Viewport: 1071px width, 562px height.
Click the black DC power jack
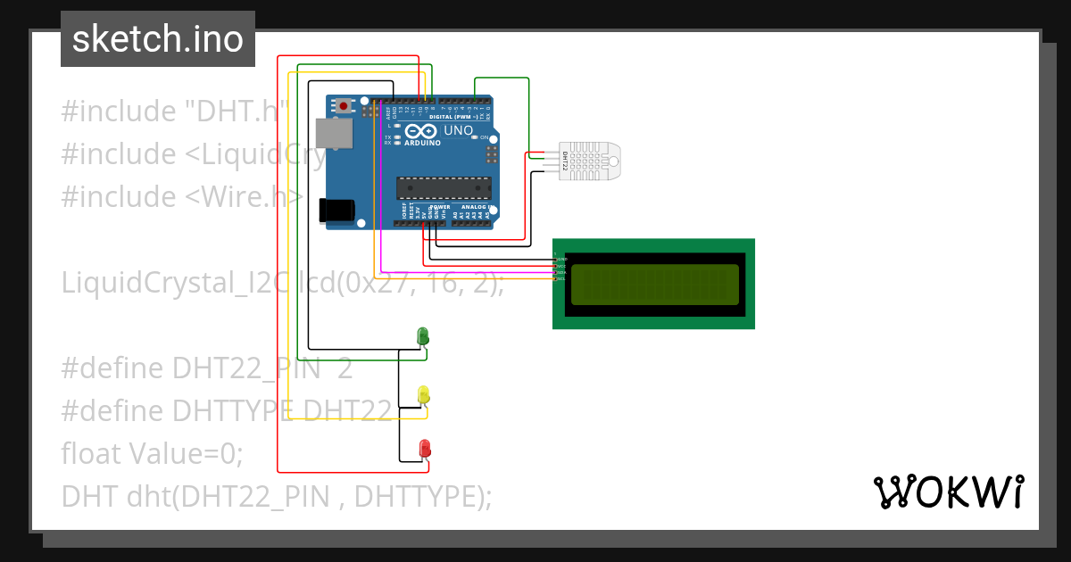pos(338,210)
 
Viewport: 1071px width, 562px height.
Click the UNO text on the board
pos(458,130)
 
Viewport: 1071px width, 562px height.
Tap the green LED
pos(424,336)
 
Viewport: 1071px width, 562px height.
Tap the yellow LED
pos(424,394)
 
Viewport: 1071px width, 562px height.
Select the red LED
pos(425,447)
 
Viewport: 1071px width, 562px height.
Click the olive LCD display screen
pos(655,284)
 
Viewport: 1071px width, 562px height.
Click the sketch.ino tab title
pos(157,39)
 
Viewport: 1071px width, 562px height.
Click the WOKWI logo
pos(948,492)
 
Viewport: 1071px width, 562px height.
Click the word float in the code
pos(92,453)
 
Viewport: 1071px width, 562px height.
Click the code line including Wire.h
pos(183,196)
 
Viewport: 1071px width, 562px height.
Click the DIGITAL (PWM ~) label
pos(453,117)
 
